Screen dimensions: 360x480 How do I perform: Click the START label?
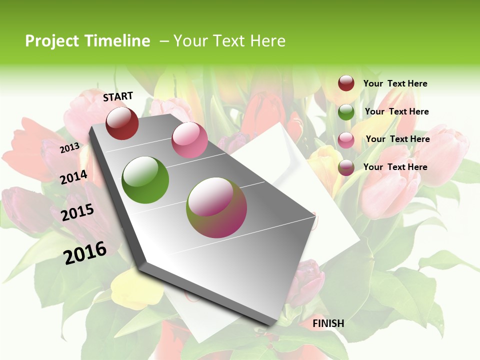[118, 96]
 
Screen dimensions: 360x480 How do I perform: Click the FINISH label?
[328, 323]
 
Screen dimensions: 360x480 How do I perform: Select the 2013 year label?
[69, 148]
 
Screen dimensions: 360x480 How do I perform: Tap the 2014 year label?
[73, 177]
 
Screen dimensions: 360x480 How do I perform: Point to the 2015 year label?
[77, 212]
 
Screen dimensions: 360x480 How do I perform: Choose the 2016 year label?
[85, 252]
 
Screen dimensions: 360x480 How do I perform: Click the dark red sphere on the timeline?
[122, 123]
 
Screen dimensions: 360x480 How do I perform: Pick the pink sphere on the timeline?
[189, 140]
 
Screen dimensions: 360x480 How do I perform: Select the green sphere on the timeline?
[145, 179]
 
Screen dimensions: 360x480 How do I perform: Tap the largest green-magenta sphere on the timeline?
[216, 207]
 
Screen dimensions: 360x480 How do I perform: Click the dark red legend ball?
[346, 83]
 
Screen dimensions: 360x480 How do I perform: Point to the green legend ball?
[346, 112]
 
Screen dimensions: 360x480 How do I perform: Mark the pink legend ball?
[346, 140]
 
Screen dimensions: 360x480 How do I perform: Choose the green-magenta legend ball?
[346, 168]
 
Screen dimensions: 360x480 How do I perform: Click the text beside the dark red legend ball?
[395, 83]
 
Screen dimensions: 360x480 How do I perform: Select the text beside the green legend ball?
[396, 111]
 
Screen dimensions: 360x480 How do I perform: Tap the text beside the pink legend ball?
[397, 139]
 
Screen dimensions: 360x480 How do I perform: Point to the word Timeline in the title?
[118, 41]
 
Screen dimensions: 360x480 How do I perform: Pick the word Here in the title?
[267, 41]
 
